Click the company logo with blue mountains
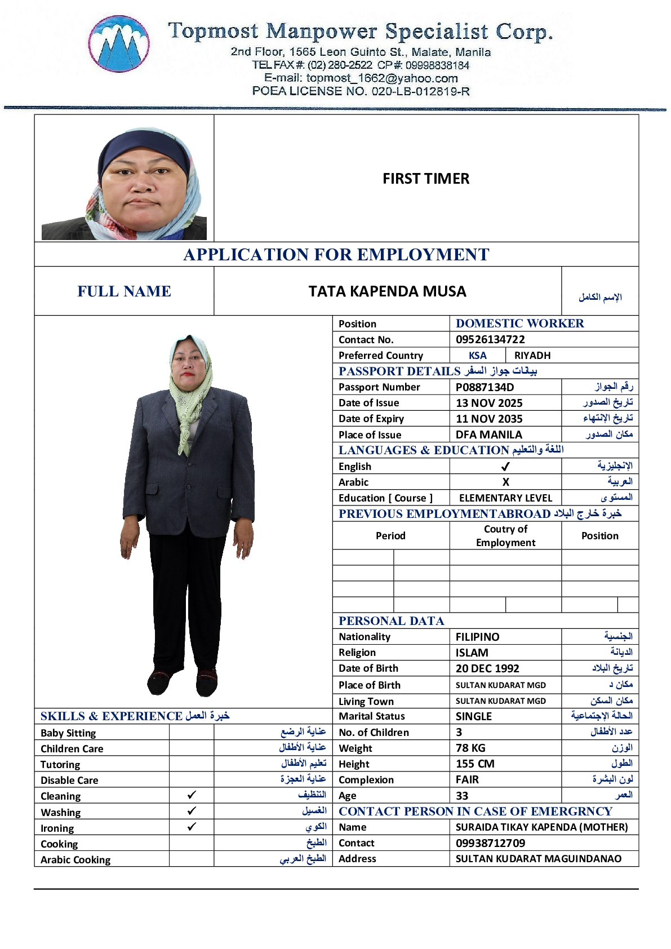[119, 44]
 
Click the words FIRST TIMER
[426, 179]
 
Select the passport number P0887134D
[485, 387]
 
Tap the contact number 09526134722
[490, 339]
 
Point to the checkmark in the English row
[505, 467]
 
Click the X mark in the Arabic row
[505, 482]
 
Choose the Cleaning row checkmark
[192, 795]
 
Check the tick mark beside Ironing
[192, 827]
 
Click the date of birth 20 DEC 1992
[487, 668]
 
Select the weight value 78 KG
[470, 748]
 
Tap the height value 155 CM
[475, 764]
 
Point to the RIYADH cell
[532, 356]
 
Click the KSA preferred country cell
[477, 356]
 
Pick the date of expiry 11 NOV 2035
[489, 419]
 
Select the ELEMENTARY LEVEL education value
[505, 498]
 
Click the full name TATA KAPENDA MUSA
[387, 291]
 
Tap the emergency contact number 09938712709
[490, 843]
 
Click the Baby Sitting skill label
[68, 733]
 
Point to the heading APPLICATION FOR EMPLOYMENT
[336, 255]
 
